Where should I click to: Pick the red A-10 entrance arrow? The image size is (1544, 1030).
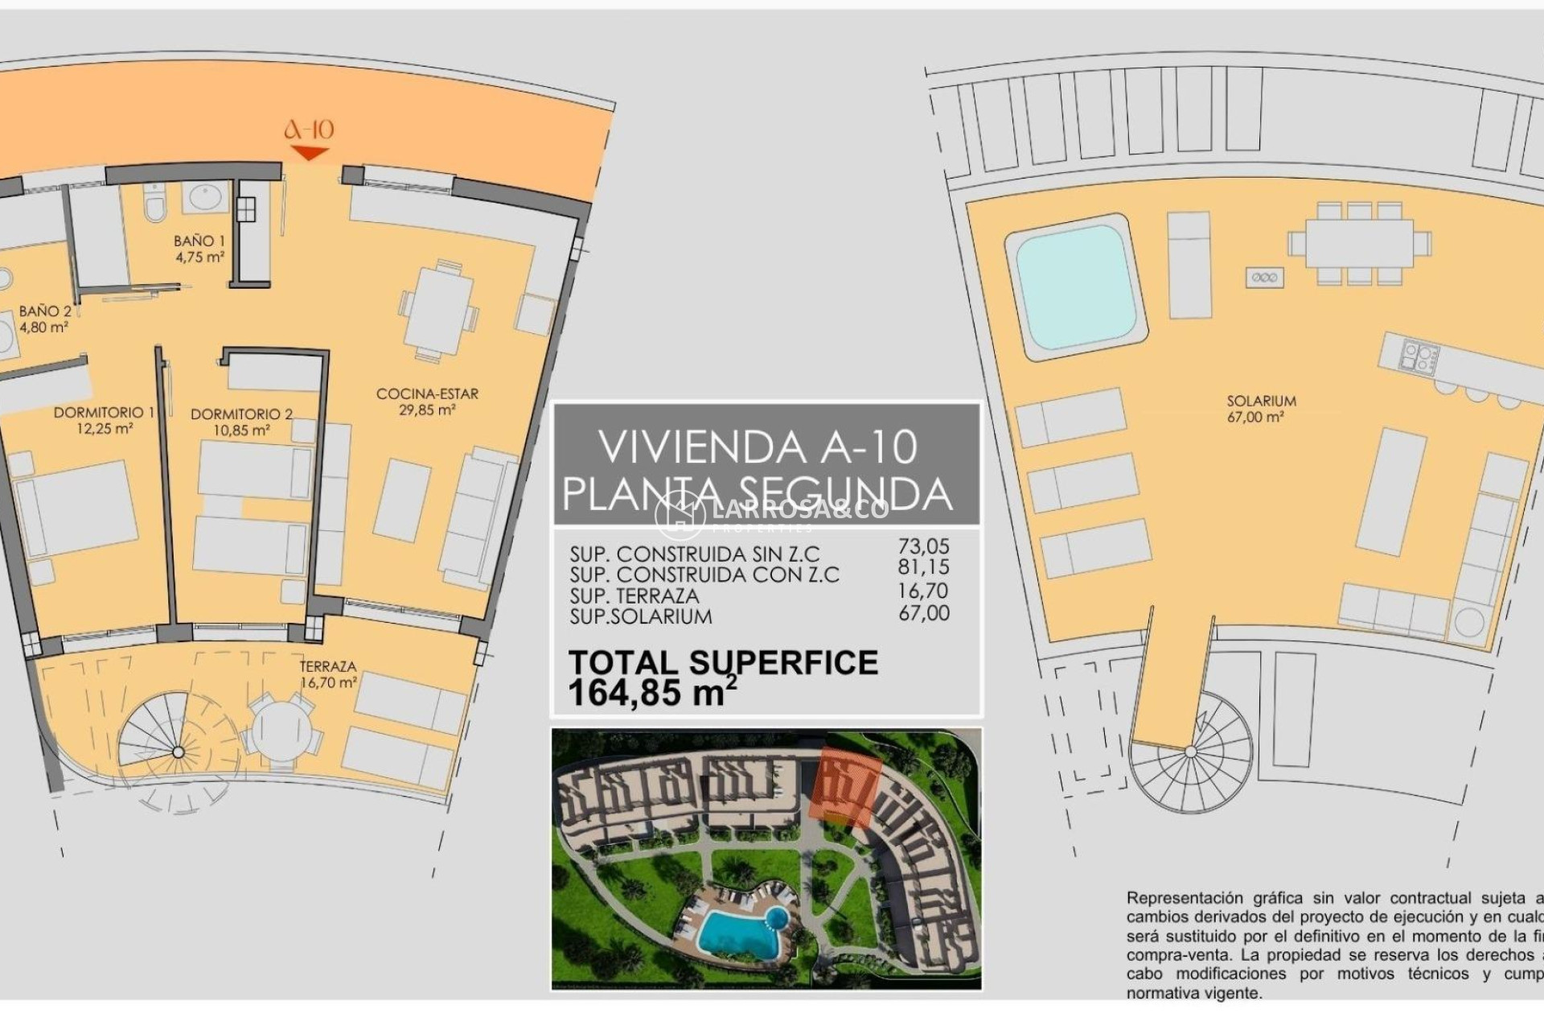pos(309,153)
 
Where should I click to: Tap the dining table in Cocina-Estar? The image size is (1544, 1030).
pos(438,311)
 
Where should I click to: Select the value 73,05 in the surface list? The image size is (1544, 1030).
pos(923,546)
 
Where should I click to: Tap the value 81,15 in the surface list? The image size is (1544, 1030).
pos(923,567)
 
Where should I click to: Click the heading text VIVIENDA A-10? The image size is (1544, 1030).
pos(758,447)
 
